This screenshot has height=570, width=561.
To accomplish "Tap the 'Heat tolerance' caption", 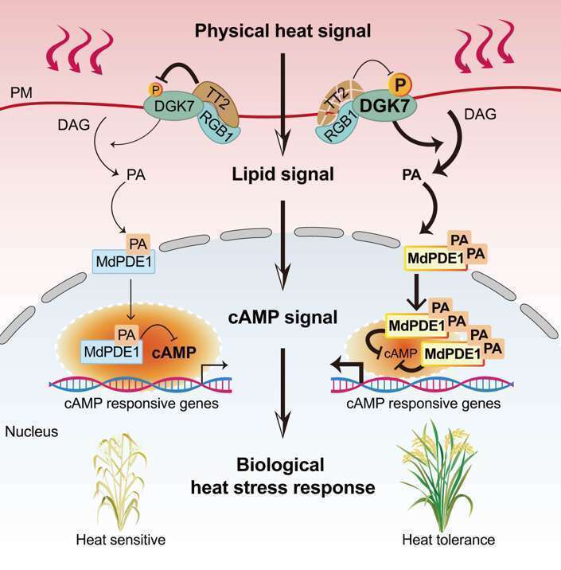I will pyautogui.click(x=447, y=540).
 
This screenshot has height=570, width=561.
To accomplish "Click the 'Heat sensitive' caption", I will pyautogui.click(x=120, y=540).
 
